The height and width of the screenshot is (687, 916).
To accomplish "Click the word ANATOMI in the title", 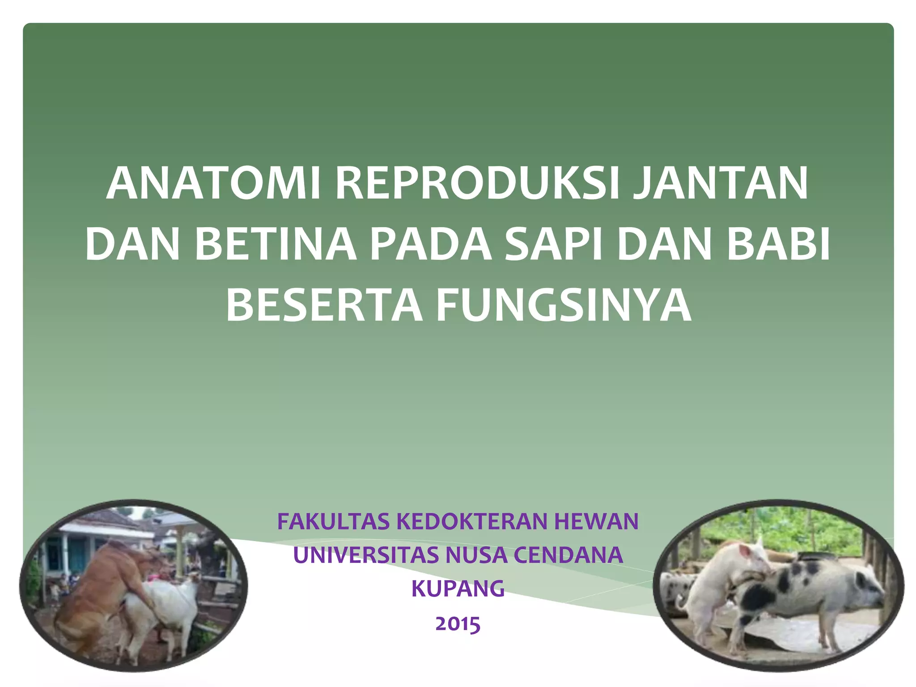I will pyautogui.click(x=213, y=184).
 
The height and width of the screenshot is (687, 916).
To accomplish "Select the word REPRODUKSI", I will pyautogui.click(x=477, y=184).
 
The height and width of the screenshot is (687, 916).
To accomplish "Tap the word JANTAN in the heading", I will pyautogui.click(x=720, y=184).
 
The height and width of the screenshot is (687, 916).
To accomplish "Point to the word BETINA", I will pyautogui.click(x=276, y=244).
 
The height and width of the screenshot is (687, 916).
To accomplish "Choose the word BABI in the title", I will pyautogui.click(x=778, y=244).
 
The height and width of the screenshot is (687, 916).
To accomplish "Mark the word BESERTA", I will pyautogui.click(x=324, y=305).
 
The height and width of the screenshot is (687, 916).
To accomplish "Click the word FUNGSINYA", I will pyautogui.click(x=564, y=305).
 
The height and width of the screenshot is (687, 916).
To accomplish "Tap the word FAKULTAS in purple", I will pyautogui.click(x=334, y=522).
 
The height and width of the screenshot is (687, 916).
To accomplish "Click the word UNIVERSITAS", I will pyautogui.click(x=366, y=555).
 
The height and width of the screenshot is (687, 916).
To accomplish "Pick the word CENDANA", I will pyautogui.click(x=568, y=555).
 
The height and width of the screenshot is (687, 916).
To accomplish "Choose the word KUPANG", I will pyautogui.click(x=458, y=589).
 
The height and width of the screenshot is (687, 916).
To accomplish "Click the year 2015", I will pyautogui.click(x=458, y=623).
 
